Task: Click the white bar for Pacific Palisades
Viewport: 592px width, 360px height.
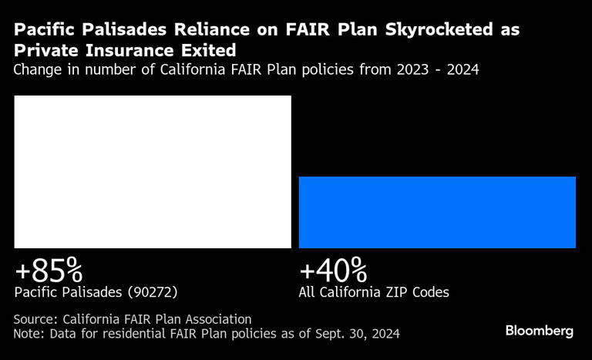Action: (153, 171)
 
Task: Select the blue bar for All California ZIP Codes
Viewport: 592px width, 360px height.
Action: (437, 212)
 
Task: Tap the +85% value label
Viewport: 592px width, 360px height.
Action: (49, 271)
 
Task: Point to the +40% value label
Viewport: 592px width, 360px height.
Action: (333, 271)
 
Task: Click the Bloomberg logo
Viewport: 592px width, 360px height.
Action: (539, 331)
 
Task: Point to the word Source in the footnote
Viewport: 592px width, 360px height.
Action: (35, 318)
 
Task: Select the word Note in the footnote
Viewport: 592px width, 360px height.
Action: (29, 333)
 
